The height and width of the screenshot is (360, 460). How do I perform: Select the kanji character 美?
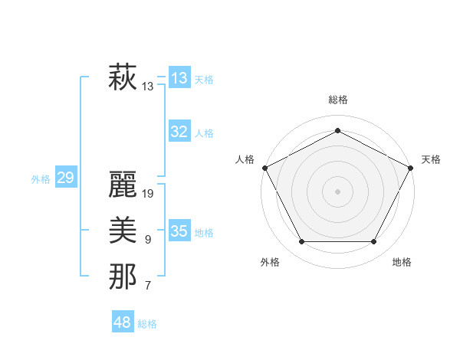point(123,231)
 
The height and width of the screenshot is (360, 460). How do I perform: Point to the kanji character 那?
point(123,277)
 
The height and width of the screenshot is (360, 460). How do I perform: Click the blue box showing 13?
point(179,78)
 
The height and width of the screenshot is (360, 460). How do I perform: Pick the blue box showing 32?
point(179,132)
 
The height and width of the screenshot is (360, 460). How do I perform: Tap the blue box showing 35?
point(179,231)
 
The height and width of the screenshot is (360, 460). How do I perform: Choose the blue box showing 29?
point(65,178)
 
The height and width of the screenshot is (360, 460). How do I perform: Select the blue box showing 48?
point(122,322)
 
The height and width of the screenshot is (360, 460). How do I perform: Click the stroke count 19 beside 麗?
point(149,194)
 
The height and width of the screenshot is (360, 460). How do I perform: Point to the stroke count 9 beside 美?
point(148,240)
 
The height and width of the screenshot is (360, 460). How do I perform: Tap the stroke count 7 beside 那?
point(148,286)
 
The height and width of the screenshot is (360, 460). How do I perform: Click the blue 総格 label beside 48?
point(147,324)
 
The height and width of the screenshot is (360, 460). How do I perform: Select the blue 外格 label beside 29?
point(41,179)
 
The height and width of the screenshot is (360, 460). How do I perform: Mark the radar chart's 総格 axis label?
point(338,100)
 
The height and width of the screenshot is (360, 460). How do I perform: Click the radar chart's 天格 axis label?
point(431,159)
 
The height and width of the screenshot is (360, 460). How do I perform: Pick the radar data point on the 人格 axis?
point(264,167)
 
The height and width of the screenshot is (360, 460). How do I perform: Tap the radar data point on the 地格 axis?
point(373,242)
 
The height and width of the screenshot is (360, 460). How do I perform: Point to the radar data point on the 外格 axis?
point(301,242)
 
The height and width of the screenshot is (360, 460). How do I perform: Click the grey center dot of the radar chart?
point(337,191)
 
